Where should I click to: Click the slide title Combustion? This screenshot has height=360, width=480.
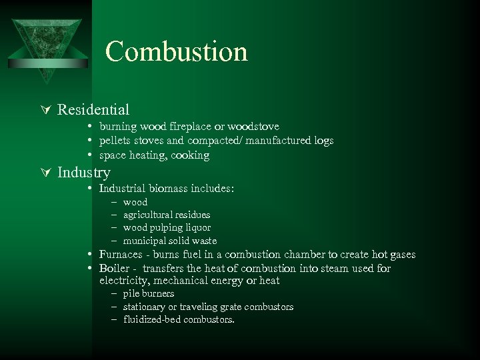176,52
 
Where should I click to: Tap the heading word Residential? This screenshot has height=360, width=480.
93,109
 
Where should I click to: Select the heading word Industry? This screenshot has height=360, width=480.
84,173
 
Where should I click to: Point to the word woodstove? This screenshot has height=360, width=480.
254,126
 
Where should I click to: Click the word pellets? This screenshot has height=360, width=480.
115,141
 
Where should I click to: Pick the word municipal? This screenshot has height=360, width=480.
143,240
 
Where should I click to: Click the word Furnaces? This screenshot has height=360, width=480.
121,254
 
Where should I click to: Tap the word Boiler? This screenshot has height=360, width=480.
115,268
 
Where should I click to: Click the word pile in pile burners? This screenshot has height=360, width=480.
131,293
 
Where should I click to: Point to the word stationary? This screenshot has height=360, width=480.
145,307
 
